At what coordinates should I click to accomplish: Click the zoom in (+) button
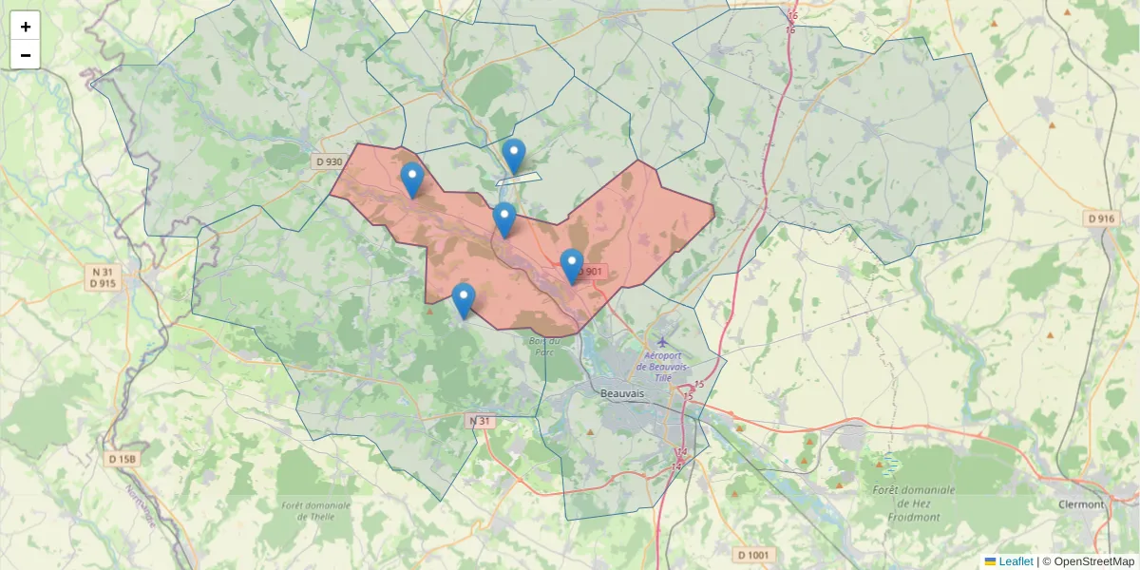point(26,27)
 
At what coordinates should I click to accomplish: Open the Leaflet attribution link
point(1015,561)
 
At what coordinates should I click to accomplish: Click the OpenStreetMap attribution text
point(1093,561)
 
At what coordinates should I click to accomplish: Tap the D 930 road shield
point(329,162)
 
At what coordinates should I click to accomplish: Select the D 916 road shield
point(1100,219)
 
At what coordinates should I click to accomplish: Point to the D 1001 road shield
point(756,555)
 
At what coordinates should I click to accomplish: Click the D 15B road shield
point(123,460)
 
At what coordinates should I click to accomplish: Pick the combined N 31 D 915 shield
point(103,277)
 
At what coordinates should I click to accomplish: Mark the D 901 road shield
point(590,272)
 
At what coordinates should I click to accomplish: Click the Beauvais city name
point(622,392)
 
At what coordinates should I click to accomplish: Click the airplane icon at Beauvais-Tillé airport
point(662,341)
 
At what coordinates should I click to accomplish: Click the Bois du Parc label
point(544,345)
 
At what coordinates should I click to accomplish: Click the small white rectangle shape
point(519,178)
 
